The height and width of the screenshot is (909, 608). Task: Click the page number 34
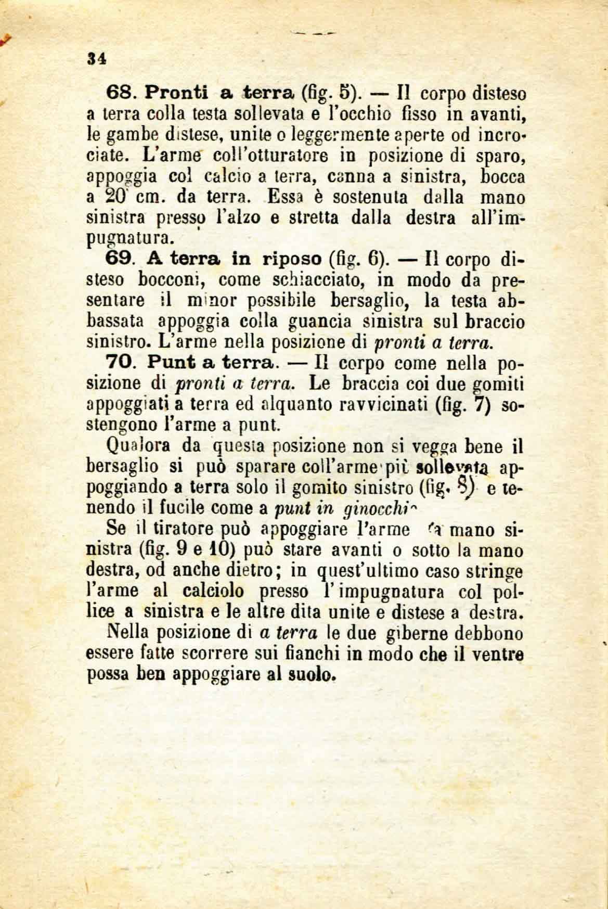coord(98,58)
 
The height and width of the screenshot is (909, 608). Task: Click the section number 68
coord(121,93)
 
